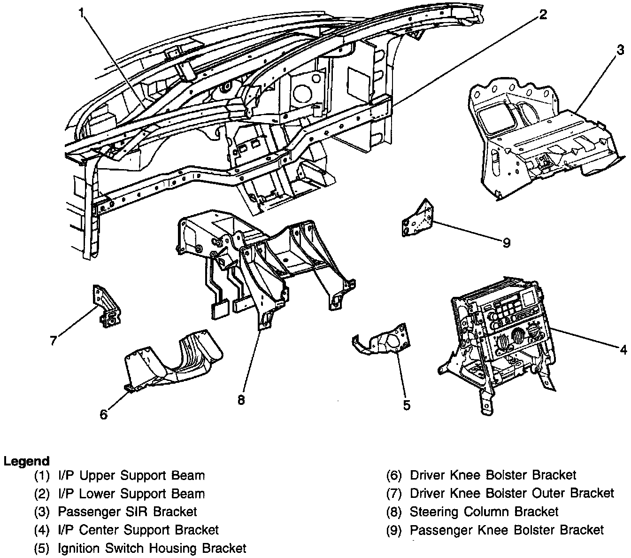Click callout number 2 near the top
click(542, 14)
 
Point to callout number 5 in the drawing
click(407, 404)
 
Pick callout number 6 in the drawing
click(104, 414)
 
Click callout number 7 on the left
click(54, 340)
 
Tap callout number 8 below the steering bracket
click(241, 400)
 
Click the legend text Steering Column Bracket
click(484, 512)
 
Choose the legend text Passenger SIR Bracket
click(127, 512)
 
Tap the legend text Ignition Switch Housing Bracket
click(152, 548)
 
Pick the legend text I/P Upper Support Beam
click(131, 475)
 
